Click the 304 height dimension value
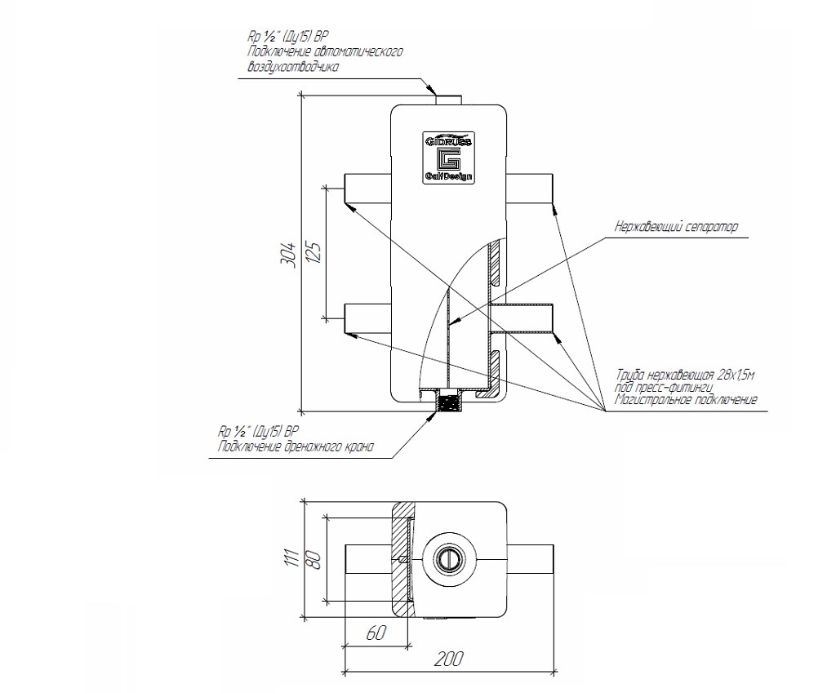click(288, 252)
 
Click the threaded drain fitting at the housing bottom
click(447, 402)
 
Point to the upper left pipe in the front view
click(367, 189)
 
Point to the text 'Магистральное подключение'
click(687, 400)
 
